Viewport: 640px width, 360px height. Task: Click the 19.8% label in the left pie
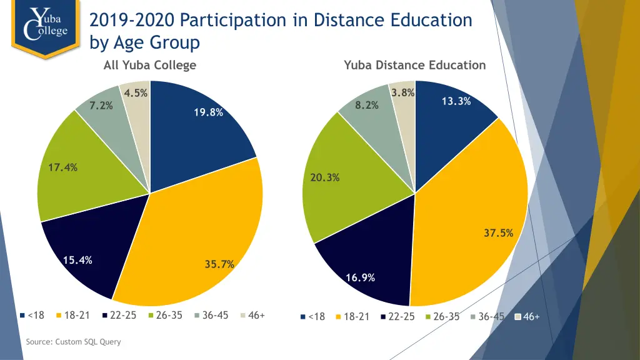208,112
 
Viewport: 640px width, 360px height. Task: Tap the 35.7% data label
219,264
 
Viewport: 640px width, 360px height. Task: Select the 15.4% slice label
77,260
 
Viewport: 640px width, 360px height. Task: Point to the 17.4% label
62,167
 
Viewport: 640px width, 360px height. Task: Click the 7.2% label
101,105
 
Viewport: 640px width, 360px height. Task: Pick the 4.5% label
136,93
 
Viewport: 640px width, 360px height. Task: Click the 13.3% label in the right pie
456,101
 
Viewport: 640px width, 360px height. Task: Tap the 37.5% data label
498,233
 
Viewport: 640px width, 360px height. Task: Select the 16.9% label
360,277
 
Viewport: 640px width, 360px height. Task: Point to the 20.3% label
325,177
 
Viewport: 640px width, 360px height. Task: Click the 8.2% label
367,105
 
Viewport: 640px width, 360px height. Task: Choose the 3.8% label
403,93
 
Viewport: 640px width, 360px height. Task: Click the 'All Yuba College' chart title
150,65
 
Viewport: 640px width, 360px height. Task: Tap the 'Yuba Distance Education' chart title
414,65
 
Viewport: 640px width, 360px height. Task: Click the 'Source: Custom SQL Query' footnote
73,342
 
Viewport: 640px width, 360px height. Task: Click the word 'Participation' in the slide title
234,20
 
